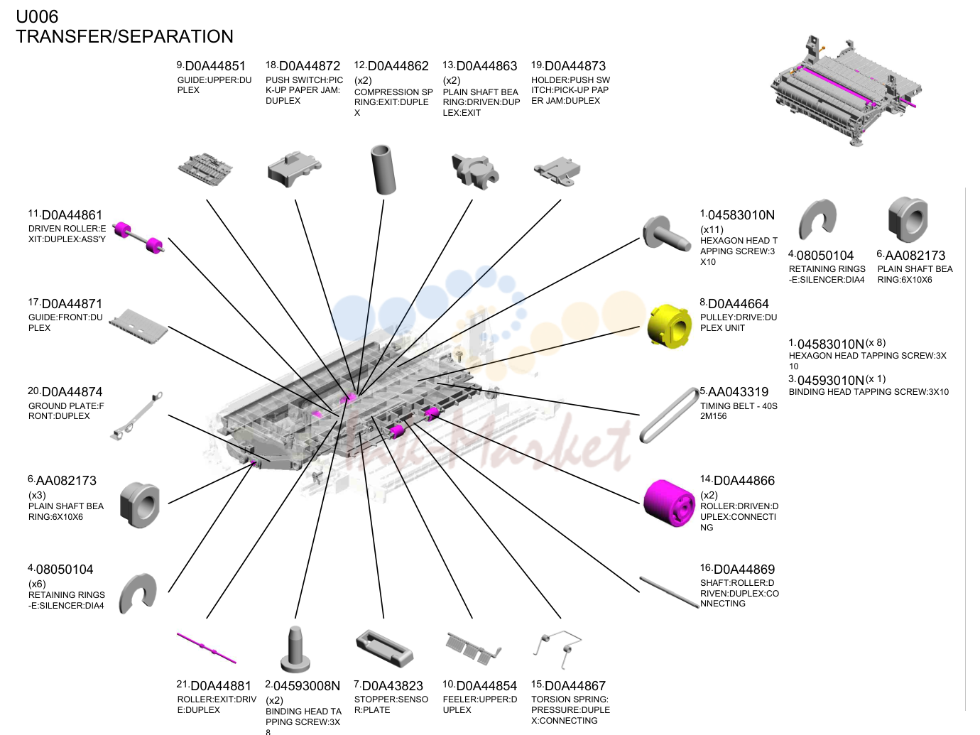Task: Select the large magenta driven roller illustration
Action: coord(669,503)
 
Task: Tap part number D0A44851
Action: coord(215,66)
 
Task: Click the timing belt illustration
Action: coord(669,415)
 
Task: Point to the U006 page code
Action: coord(37,16)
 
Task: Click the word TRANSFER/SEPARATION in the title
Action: coord(124,37)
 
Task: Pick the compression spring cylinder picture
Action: coord(383,169)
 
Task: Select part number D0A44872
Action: coord(310,66)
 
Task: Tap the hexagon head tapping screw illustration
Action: coord(665,234)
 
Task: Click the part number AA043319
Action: coord(738,392)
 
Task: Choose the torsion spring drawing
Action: coord(557,648)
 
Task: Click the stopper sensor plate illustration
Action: coord(384,648)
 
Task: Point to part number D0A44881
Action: coord(221,686)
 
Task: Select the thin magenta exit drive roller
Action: coord(207,648)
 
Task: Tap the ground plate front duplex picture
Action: coord(136,416)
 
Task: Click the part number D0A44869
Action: coord(744,570)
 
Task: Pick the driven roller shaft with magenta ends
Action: coord(138,237)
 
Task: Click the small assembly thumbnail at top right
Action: coord(846,90)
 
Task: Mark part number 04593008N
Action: coord(306,686)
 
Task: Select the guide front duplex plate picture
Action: coord(138,326)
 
